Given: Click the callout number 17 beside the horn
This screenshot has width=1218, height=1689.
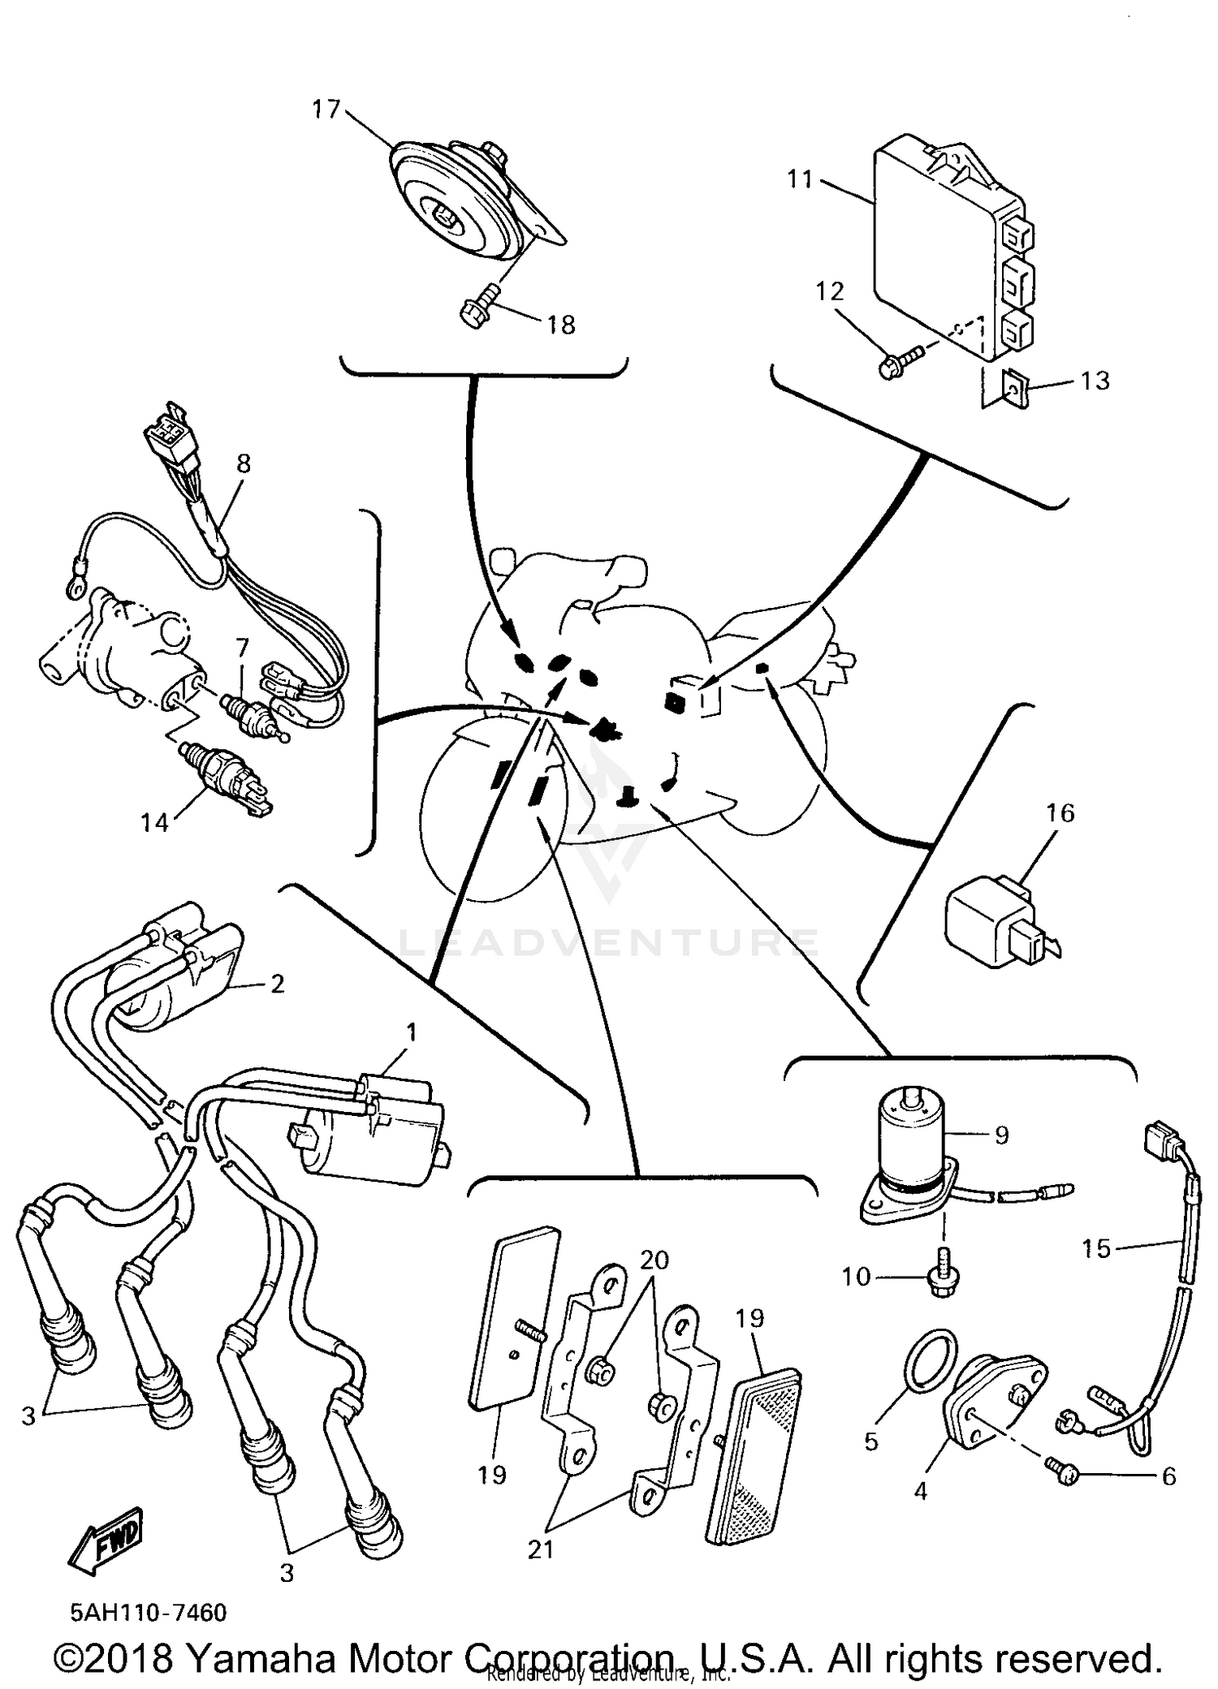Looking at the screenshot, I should tap(326, 109).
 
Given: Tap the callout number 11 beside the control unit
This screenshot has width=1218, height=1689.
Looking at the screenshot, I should tap(801, 179).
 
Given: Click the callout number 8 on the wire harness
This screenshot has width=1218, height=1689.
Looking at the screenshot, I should tap(244, 463).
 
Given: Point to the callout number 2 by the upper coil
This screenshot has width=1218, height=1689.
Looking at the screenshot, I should tap(277, 984).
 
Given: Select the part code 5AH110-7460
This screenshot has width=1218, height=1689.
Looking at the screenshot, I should tap(149, 1612).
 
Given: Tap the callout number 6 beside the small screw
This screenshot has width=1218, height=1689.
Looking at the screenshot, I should tap(1168, 1476).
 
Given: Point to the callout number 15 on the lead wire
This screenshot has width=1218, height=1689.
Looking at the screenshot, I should tap(1095, 1248).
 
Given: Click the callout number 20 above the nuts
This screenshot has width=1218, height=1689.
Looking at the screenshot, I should tap(654, 1260).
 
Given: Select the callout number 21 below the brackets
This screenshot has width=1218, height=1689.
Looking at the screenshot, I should tap(541, 1549).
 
